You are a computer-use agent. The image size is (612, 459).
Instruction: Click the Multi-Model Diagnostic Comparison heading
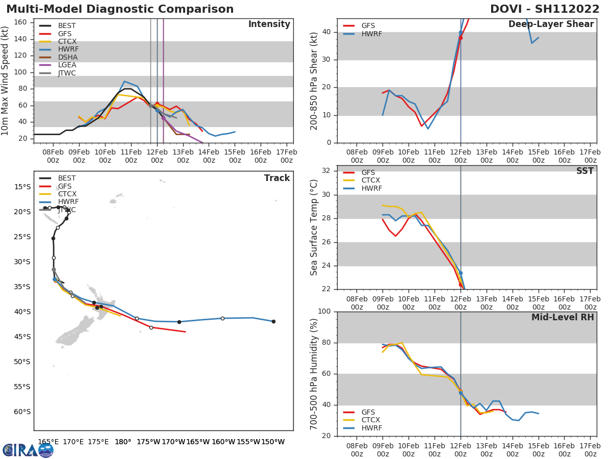click(x=120, y=9)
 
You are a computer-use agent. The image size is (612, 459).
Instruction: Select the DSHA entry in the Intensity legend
click(x=67, y=57)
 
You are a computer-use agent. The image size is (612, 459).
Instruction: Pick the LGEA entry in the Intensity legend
click(x=67, y=65)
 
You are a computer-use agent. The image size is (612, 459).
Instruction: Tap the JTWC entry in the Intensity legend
click(x=67, y=73)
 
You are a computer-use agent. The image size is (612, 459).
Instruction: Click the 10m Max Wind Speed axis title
click(x=6, y=81)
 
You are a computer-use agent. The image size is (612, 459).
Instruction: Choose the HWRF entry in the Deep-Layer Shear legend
click(x=371, y=34)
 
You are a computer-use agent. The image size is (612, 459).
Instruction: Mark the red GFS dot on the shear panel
click(x=461, y=38)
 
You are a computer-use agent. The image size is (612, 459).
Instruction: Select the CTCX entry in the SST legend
click(x=371, y=181)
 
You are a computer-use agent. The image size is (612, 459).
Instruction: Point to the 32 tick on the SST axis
click(x=327, y=171)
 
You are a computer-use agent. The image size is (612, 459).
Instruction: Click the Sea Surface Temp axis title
click(x=315, y=227)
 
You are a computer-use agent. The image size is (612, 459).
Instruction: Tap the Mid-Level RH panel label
click(x=563, y=317)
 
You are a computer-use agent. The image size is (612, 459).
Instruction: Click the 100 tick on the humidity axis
click(x=324, y=312)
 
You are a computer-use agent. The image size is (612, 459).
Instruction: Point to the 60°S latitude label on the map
click(x=21, y=412)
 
